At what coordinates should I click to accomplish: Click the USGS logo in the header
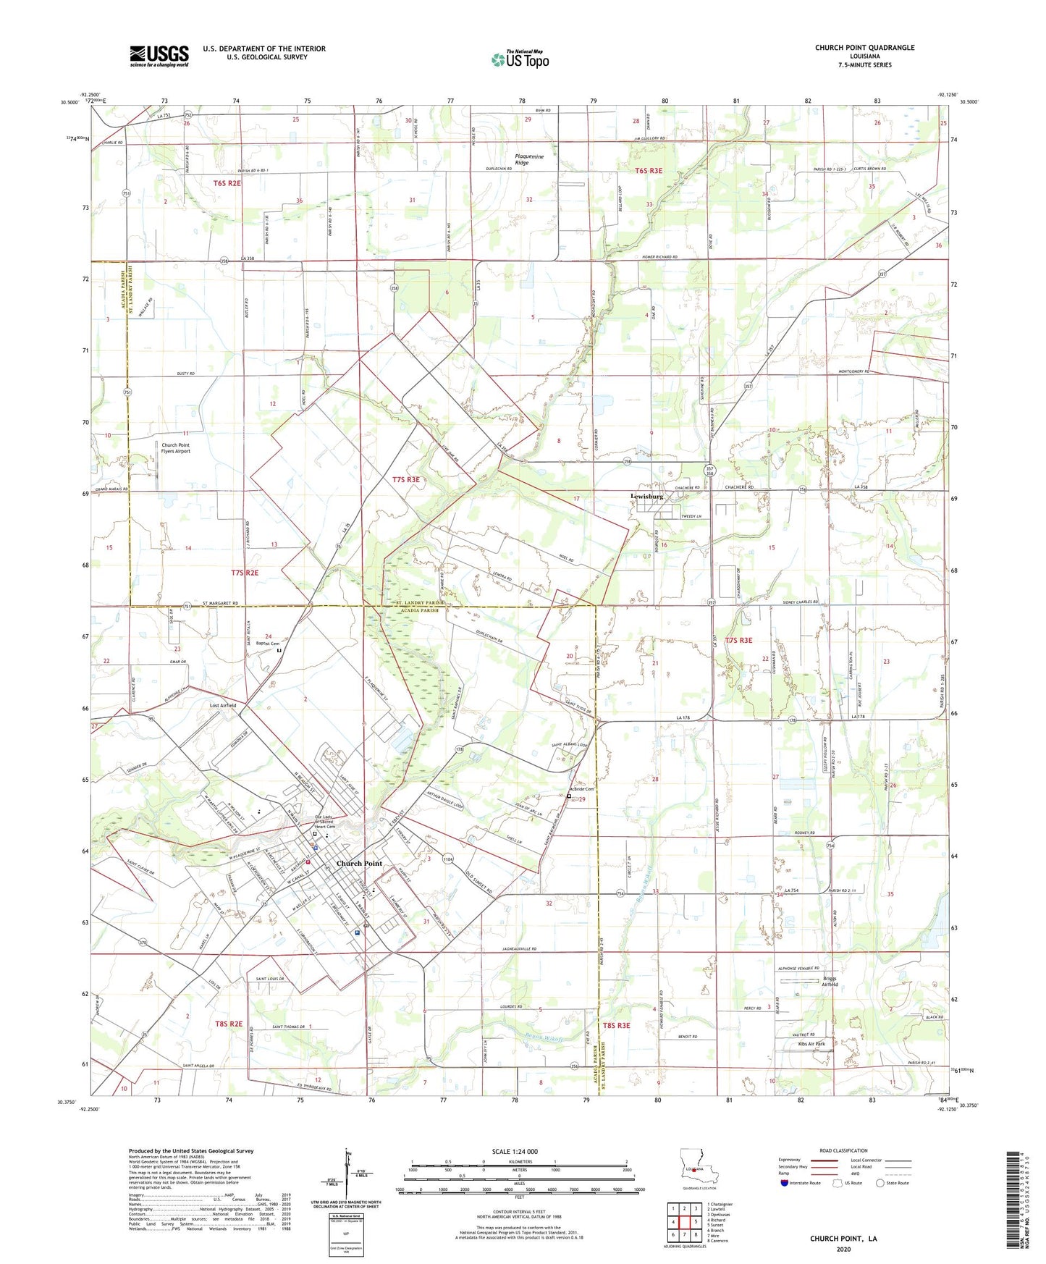point(159,55)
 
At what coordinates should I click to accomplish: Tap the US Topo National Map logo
point(519,59)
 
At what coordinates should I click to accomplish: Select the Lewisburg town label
point(646,496)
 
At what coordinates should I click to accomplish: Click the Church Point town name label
point(359,864)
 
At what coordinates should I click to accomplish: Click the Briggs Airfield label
point(830,982)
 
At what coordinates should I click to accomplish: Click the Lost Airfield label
point(223,705)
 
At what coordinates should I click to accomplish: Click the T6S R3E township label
point(649,172)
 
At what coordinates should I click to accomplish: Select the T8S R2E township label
point(229,1024)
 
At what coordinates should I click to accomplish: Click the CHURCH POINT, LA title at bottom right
point(843,1239)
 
